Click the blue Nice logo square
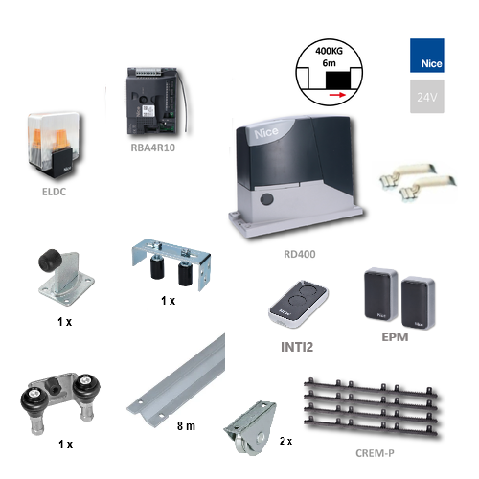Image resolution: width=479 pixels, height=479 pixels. click(x=427, y=56)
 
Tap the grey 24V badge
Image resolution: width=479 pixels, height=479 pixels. click(x=427, y=96)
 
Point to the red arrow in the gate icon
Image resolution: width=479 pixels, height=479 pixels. click(x=337, y=95)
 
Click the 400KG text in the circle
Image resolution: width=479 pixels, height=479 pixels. click(x=329, y=51)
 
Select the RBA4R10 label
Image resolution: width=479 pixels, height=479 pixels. click(x=153, y=148)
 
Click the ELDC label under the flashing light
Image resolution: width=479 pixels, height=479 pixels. click(x=55, y=192)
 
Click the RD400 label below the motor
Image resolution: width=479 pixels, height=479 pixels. click(x=300, y=254)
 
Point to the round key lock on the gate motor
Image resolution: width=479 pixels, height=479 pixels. click(x=266, y=199)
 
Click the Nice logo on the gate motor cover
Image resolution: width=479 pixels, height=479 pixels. click(x=266, y=132)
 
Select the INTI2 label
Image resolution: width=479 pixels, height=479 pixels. click(x=297, y=347)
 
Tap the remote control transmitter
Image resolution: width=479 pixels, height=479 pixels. click(x=299, y=304)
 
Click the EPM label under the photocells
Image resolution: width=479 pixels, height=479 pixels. click(x=395, y=337)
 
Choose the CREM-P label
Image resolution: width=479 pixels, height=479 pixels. click(x=375, y=453)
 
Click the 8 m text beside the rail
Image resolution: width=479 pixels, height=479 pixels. click(x=186, y=426)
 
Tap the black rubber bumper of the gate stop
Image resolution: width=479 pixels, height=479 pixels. click(x=50, y=261)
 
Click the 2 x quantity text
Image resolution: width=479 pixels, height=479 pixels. click(x=285, y=441)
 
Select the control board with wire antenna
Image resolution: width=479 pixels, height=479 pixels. click(x=155, y=101)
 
